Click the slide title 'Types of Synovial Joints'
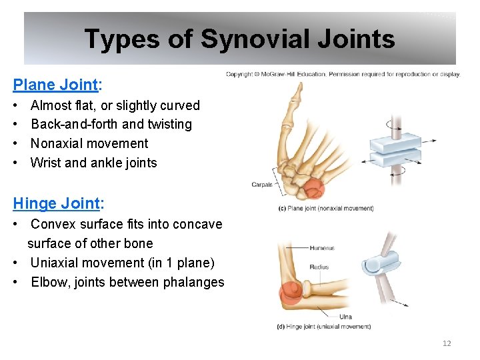239,39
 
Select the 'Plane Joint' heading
55,85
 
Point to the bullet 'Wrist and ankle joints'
94,163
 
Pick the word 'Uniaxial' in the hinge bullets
57,263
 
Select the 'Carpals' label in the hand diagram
262,185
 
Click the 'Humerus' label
321,248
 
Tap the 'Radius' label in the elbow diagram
319,267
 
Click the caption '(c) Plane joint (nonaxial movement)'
326,209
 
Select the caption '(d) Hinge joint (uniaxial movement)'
323,327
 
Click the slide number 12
447,343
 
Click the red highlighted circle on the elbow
291,293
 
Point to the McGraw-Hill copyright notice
343,74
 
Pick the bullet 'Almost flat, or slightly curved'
115,105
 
